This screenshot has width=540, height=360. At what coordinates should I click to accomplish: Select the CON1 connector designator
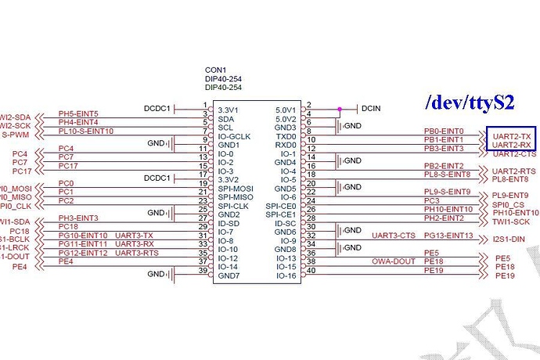click(214, 70)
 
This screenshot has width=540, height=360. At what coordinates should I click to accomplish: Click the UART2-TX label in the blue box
click(513, 136)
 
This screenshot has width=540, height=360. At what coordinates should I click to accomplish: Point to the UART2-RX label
click(513, 145)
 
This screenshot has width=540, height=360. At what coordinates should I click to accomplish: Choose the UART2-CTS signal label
click(514, 153)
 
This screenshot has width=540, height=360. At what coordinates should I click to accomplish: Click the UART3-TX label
click(134, 236)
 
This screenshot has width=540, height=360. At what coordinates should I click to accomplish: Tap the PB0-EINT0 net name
click(444, 131)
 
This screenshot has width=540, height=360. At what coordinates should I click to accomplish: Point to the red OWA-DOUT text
click(394, 261)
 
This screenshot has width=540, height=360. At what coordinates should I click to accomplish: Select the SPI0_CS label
click(509, 205)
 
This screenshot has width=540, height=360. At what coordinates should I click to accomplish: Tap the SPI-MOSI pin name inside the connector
click(236, 189)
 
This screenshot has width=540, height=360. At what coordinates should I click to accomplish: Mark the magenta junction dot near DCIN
click(339, 109)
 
